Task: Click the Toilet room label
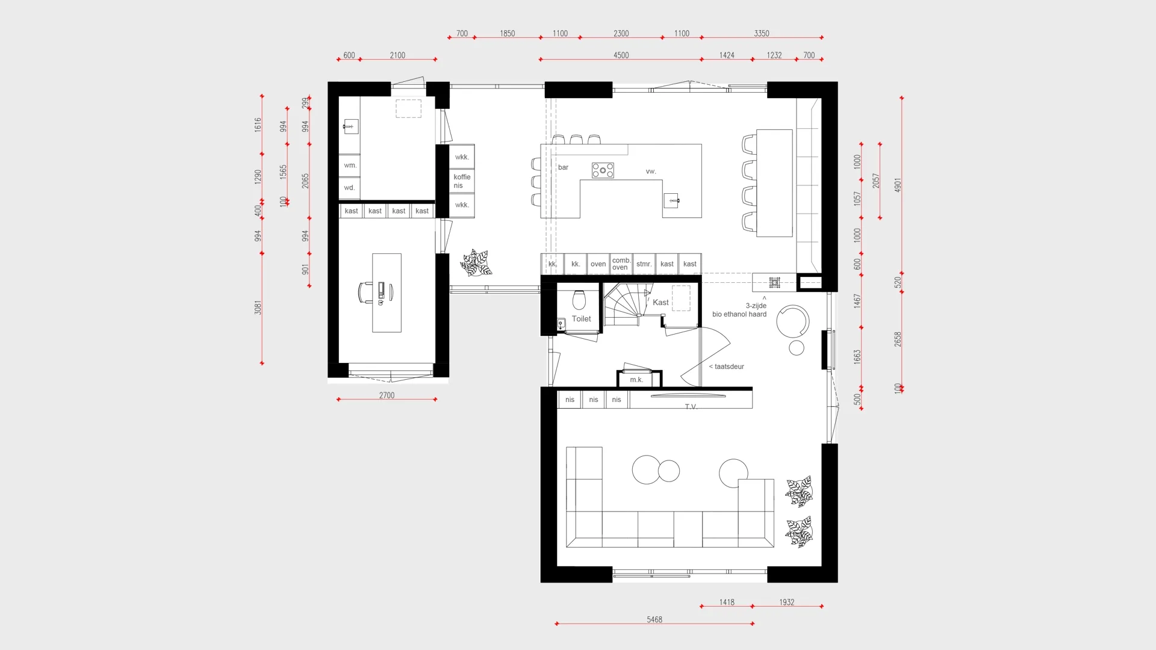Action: pos(581,319)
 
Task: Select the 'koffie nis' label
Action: pos(462,181)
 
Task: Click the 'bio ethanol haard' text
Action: pos(739,314)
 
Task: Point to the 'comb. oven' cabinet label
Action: pos(621,264)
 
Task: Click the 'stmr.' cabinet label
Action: pos(644,264)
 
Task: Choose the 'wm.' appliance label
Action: pos(350,166)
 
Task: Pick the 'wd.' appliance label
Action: pos(349,188)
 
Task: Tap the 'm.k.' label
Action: pos(636,380)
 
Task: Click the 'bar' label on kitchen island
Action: pos(563,167)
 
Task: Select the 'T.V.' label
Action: pos(691,407)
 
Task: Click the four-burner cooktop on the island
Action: pos(603,170)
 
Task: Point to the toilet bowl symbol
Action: pos(579,299)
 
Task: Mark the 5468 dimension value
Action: pos(654,619)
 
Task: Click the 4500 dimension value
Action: pos(621,55)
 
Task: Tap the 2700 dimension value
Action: pos(387,395)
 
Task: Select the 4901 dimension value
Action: pos(898,185)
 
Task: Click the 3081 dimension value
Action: pos(258,308)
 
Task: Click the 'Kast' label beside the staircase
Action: pos(660,303)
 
